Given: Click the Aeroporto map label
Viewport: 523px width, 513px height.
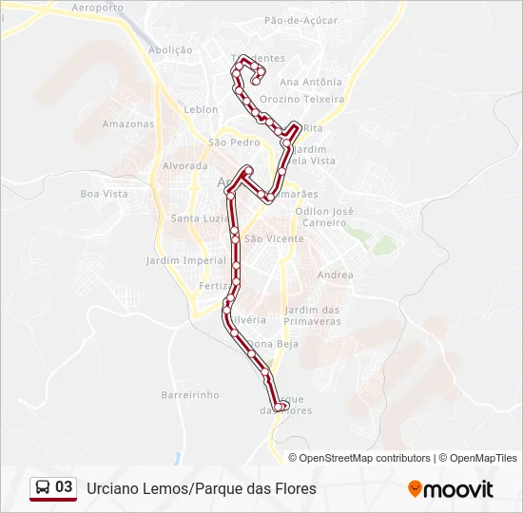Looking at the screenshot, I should coord(98,8).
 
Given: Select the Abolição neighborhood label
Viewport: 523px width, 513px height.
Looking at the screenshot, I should coord(170,49).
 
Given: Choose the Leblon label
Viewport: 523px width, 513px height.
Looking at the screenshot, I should coord(201,109).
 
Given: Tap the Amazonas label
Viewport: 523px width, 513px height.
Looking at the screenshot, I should coord(127,123).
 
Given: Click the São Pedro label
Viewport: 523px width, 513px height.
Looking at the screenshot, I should coord(233,142).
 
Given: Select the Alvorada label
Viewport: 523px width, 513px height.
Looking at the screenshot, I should coord(184,165).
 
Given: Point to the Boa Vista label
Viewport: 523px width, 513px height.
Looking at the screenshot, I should coord(104,194).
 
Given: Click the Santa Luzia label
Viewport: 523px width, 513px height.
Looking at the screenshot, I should coord(198,218).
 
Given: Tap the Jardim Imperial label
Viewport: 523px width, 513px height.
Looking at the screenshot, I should coord(186,260).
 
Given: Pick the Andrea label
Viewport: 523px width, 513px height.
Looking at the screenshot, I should coord(335,275).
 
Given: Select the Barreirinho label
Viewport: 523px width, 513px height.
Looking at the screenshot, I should coord(190,394).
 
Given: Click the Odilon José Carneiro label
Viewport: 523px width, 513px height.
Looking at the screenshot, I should coord(325,217).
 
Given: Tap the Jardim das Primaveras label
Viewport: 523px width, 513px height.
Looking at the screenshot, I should coord(312,315).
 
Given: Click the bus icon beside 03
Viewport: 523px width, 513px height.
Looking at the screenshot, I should coord(43,487).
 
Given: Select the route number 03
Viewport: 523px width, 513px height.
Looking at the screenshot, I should coord(64,487).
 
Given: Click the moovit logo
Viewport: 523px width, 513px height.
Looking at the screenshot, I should coord(451,489).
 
